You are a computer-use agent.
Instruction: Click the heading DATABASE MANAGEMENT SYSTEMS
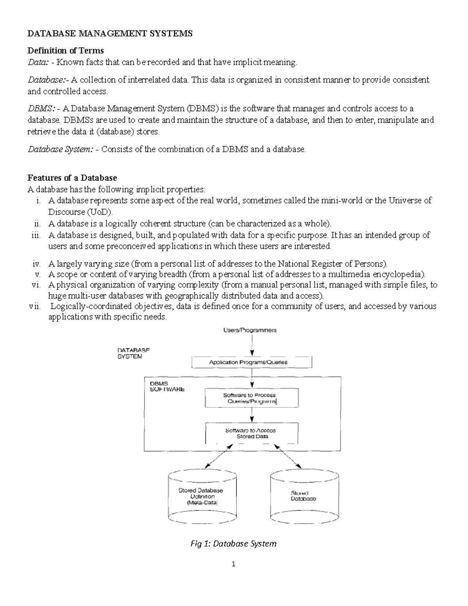(x=110, y=34)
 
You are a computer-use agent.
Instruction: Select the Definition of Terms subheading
(x=66, y=50)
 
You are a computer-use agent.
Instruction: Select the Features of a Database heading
(x=72, y=178)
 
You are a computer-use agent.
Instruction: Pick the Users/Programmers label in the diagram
(x=250, y=330)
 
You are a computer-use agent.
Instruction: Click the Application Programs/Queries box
(x=252, y=362)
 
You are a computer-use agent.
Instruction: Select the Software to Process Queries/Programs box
(x=252, y=398)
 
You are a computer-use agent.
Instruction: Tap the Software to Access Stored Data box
(x=252, y=433)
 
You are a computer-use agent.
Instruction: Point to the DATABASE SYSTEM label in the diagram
(x=133, y=353)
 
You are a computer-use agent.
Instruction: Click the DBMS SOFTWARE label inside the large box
(x=167, y=386)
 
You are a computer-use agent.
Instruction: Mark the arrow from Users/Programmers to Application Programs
(x=252, y=345)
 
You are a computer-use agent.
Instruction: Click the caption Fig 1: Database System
(x=233, y=544)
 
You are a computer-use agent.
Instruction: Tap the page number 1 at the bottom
(x=234, y=564)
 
